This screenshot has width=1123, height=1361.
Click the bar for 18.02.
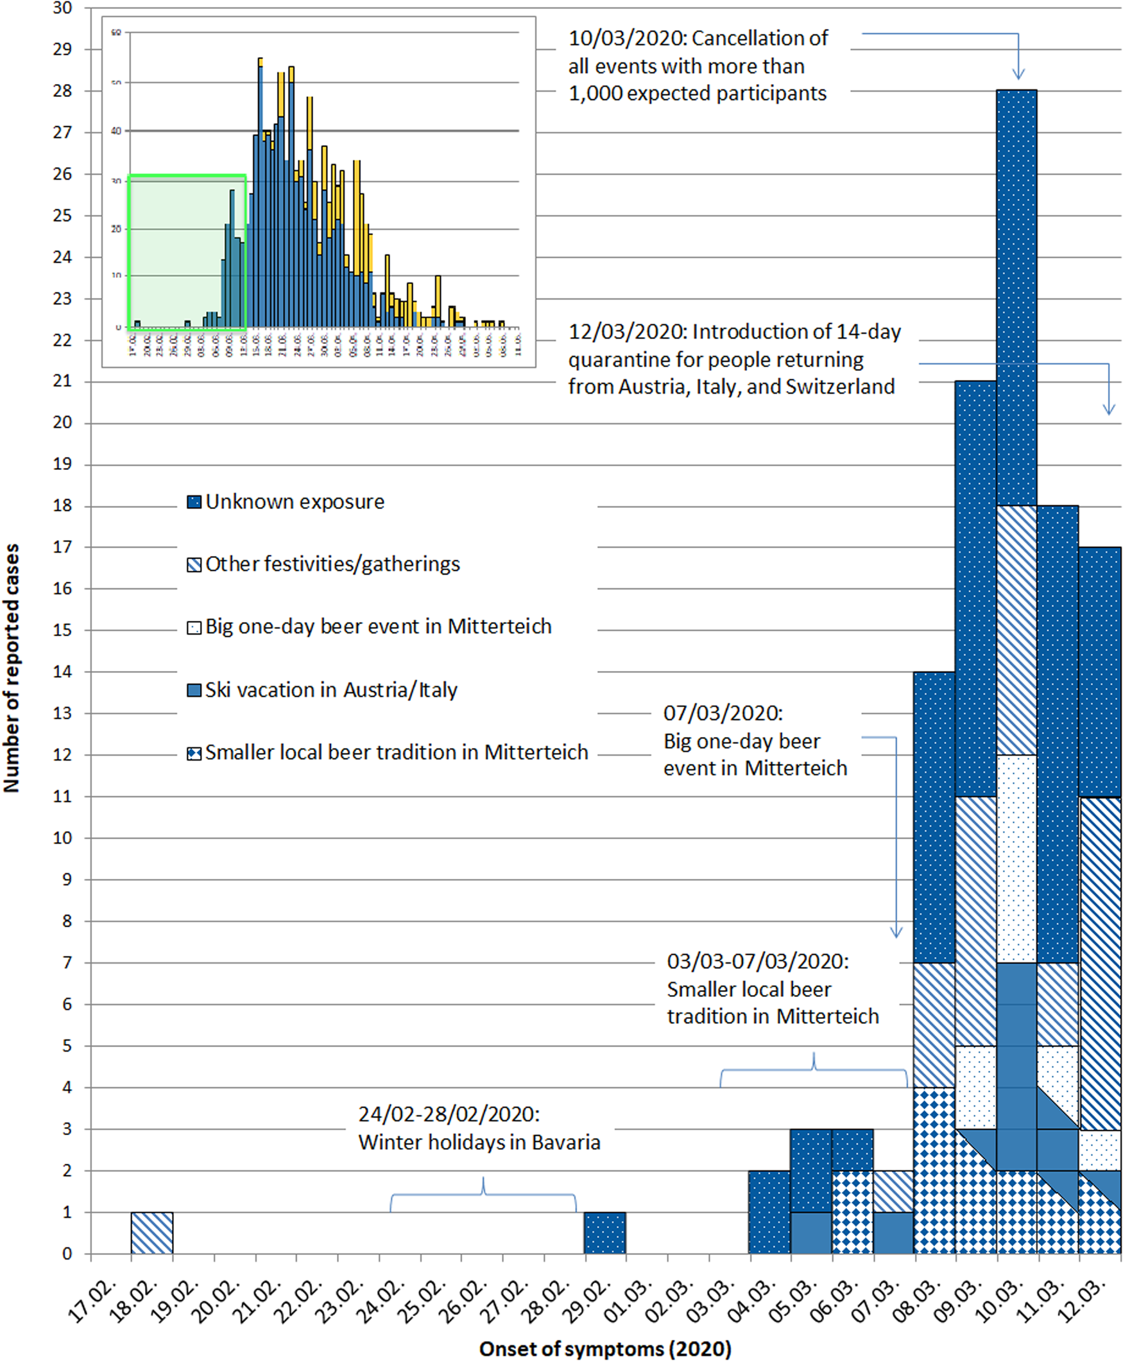pyautogui.click(x=152, y=1232)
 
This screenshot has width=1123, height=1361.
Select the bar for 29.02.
pyautogui.click(x=605, y=1232)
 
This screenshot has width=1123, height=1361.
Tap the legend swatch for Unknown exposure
pyautogui.click(x=194, y=502)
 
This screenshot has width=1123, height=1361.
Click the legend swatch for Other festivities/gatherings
pyautogui.click(x=194, y=565)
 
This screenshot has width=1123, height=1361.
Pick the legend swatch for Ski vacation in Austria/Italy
pyautogui.click(x=194, y=691)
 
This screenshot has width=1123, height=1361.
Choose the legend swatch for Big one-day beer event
pyautogui.click(x=194, y=628)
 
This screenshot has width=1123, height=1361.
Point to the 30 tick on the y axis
pyautogui.click(x=62, y=8)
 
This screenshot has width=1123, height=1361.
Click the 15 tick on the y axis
pyautogui.click(x=62, y=630)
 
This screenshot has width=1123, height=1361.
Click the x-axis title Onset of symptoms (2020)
pyautogui.click(x=605, y=1349)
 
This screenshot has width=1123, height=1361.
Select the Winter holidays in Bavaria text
pyautogui.click(x=479, y=1142)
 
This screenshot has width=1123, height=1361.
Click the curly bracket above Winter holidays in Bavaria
pyautogui.click(x=483, y=1195)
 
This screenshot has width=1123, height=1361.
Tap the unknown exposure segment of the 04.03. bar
pyautogui.click(x=769, y=1211)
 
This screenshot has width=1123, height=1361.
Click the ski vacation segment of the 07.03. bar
pyautogui.click(x=893, y=1232)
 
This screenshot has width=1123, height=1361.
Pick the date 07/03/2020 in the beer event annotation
pyautogui.click(x=723, y=713)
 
